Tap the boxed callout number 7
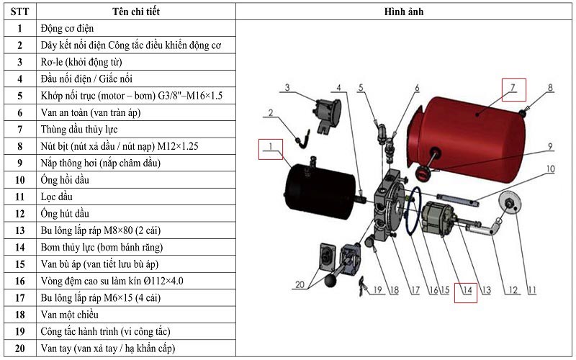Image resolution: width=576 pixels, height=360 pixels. pyautogui.click(x=513, y=89)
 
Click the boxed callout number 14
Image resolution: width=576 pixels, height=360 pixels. pyautogui.click(x=467, y=291)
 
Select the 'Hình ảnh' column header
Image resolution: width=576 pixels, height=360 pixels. pyautogui.click(x=405, y=12)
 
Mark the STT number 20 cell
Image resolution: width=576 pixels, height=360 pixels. pyautogui.click(x=19, y=348)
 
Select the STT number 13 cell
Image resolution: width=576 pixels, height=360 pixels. pyautogui.click(x=19, y=230)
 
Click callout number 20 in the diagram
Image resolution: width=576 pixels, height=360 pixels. pyautogui.click(x=300, y=284)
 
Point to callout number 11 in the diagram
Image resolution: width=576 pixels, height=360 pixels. pyautogui.click(x=533, y=291)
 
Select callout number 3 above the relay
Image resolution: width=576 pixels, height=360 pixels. pyautogui.click(x=286, y=89)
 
